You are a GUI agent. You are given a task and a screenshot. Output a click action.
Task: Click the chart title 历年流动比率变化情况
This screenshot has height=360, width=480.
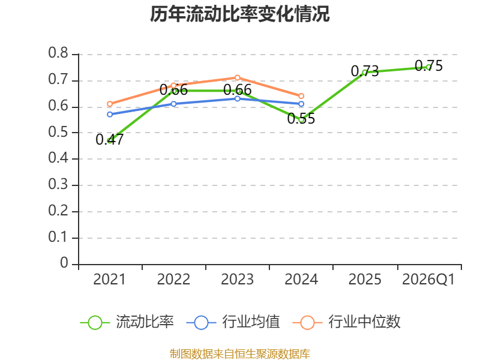(239, 14)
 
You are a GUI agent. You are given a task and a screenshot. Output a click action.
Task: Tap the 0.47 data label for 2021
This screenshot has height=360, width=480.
(109, 140)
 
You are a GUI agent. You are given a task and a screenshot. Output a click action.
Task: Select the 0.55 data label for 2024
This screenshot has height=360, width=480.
(301, 118)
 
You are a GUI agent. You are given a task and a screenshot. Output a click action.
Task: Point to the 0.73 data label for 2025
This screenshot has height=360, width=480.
(365, 71)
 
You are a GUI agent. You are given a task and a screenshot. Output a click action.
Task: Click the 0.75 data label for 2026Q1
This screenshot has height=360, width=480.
(428, 66)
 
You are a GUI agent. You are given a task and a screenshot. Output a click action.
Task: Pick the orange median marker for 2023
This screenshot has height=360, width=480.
(237, 78)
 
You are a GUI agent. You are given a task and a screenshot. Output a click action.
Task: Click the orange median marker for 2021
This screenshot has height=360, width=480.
(110, 104)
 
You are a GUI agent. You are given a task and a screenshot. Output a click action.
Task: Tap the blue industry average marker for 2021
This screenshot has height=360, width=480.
(110, 115)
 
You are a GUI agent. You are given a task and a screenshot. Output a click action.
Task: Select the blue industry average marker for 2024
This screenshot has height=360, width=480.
(301, 104)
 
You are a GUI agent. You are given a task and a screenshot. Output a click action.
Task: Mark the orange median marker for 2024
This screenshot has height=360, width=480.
(301, 96)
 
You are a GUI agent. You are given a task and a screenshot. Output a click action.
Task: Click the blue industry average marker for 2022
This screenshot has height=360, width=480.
(173, 104)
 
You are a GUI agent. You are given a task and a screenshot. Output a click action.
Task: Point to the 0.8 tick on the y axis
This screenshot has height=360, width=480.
(58, 53)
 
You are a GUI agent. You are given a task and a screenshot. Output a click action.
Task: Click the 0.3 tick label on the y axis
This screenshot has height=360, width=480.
(58, 184)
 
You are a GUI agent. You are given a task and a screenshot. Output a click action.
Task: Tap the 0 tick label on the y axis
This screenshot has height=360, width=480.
(64, 263)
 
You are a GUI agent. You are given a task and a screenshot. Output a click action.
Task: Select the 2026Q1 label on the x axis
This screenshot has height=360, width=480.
(428, 279)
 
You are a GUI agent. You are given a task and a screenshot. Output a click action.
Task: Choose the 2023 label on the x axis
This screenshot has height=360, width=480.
(237, 279)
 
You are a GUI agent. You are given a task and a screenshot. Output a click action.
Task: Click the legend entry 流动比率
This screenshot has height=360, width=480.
(127, 322)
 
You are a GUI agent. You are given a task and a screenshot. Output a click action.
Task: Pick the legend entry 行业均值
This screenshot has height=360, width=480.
(233, 322)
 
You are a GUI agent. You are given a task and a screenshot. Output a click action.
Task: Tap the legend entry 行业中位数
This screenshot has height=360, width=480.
(346, 322)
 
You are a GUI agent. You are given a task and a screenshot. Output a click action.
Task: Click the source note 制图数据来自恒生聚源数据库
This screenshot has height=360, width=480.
(239, 354)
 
